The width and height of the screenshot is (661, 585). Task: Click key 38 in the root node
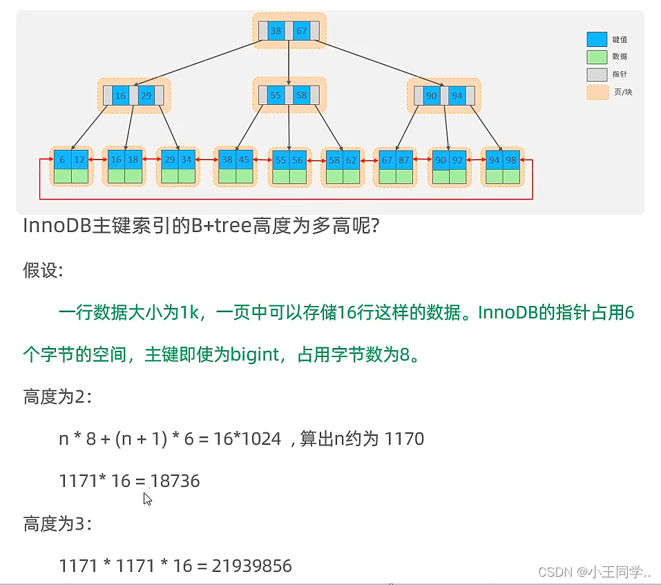pos(276,31)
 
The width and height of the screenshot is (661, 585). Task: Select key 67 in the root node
pos(301,31)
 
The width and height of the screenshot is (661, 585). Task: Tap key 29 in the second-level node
pos(146,95)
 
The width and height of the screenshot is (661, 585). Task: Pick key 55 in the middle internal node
pos(276,95)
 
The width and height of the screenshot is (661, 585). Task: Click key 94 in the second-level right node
pos(457,95)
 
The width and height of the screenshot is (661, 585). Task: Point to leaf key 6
pos(62,160)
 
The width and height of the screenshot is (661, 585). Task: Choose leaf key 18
pos(133,160)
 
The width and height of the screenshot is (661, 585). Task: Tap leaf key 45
pos(245,160)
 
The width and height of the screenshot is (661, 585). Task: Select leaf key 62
pos(352,160)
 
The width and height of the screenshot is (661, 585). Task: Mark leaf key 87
pos(403,160)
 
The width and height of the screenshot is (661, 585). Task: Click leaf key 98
pos(511,160)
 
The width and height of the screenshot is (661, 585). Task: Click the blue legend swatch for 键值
pos(596,39)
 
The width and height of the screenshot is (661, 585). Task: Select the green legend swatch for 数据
pos(596,57)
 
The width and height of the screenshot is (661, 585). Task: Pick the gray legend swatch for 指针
pos(596,74)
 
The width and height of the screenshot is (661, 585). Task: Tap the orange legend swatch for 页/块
pos(596,91)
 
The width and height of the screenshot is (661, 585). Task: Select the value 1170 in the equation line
pos(404,439)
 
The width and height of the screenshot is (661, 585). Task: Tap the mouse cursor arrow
pos(147,498)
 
